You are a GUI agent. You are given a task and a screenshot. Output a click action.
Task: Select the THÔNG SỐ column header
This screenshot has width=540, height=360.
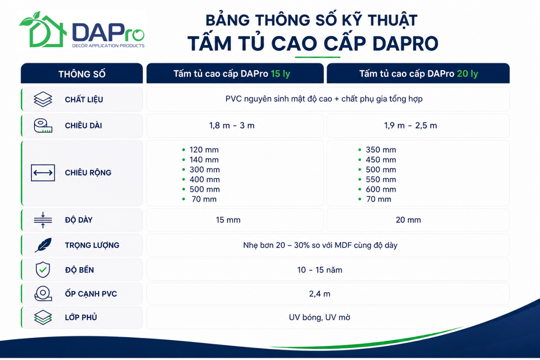[x=82, y=74]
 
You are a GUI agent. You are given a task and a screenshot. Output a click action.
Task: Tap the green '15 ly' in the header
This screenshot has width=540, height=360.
[x=280, y=74]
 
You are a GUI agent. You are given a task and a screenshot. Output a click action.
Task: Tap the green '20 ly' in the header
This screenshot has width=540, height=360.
[x=467, y=74]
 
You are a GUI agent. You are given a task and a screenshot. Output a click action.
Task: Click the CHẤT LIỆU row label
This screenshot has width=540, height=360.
[x=84, y=100]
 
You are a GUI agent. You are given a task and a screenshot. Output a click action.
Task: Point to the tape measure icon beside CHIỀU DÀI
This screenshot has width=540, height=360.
[x=43, y=126]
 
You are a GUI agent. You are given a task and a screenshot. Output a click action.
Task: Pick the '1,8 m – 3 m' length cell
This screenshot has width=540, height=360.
[x=232, y=126]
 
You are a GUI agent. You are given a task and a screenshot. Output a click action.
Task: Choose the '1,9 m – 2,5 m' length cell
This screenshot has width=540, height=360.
[x=410, y=126]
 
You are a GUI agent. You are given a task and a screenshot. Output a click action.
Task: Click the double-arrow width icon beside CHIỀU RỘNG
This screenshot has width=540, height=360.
[x=43, y=173]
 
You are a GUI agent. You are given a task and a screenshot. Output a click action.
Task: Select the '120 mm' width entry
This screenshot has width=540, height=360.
[x=204, y=150]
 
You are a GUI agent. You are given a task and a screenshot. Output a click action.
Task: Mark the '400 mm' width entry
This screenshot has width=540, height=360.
[x=205, y=179]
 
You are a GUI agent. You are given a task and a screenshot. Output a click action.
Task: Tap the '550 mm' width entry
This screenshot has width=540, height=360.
[x=381, y=179]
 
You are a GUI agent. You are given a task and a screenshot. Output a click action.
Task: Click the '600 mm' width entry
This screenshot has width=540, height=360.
[x=381, y=189]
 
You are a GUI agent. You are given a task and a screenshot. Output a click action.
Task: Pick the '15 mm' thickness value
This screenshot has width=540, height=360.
[x=228, y=220]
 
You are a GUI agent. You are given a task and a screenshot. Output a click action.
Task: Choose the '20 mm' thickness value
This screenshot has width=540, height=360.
[x=408, y=220]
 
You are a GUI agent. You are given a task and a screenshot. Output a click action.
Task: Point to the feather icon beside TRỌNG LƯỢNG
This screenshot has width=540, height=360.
[x=43, y=245]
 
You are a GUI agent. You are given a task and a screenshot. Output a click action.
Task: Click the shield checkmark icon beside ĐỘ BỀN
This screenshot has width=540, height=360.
[x=43, y=270]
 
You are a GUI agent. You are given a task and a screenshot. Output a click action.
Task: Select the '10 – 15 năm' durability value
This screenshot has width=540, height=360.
[x=320, y=270]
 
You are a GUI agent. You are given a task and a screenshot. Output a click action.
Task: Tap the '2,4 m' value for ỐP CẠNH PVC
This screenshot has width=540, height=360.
[x=320, y=294]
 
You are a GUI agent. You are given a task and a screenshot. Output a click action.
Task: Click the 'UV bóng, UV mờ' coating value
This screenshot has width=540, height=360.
[x=320, y=317]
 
